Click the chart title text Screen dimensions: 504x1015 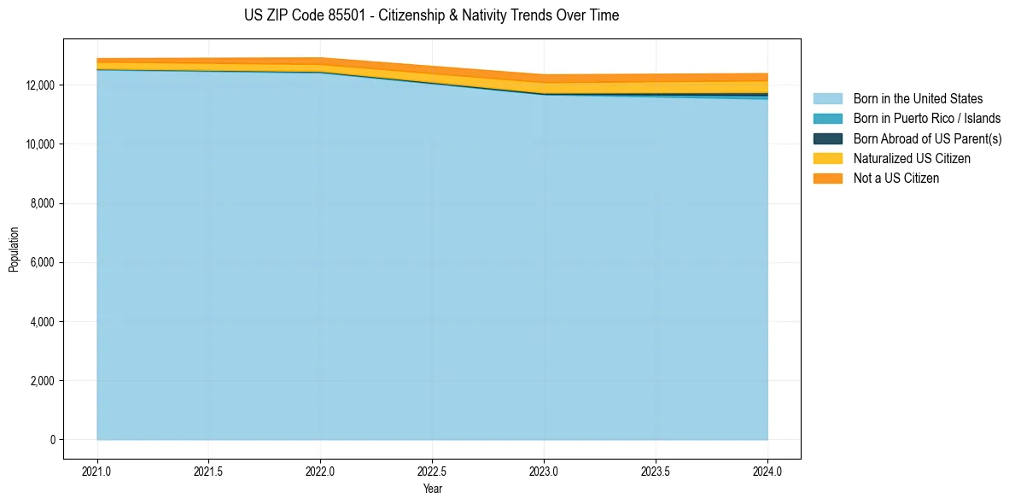click(x=431, y=15)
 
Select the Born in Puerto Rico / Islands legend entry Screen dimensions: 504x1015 click(x=927, y=119)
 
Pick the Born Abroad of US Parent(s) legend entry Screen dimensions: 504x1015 click(x=927, y=138)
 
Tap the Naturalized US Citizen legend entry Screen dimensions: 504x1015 click(x=912, y=159)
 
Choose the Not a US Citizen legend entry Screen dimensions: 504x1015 click(x=896, y=179)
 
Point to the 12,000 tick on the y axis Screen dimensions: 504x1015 click(x=40, y=85)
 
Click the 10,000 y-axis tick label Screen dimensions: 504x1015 click(x=40, y=144)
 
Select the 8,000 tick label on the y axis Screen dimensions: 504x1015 click(x=43, y=203)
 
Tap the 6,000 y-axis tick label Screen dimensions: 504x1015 click(x=43, y=262)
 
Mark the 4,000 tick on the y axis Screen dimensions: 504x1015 click(x=43, y=322)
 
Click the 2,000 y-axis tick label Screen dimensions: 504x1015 click(x=43, y=381)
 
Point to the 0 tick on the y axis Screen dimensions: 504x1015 click(x=53, y=440)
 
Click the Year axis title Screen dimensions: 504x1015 click(x=433, y=489)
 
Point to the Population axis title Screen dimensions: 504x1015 click(x=14, y=249)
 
